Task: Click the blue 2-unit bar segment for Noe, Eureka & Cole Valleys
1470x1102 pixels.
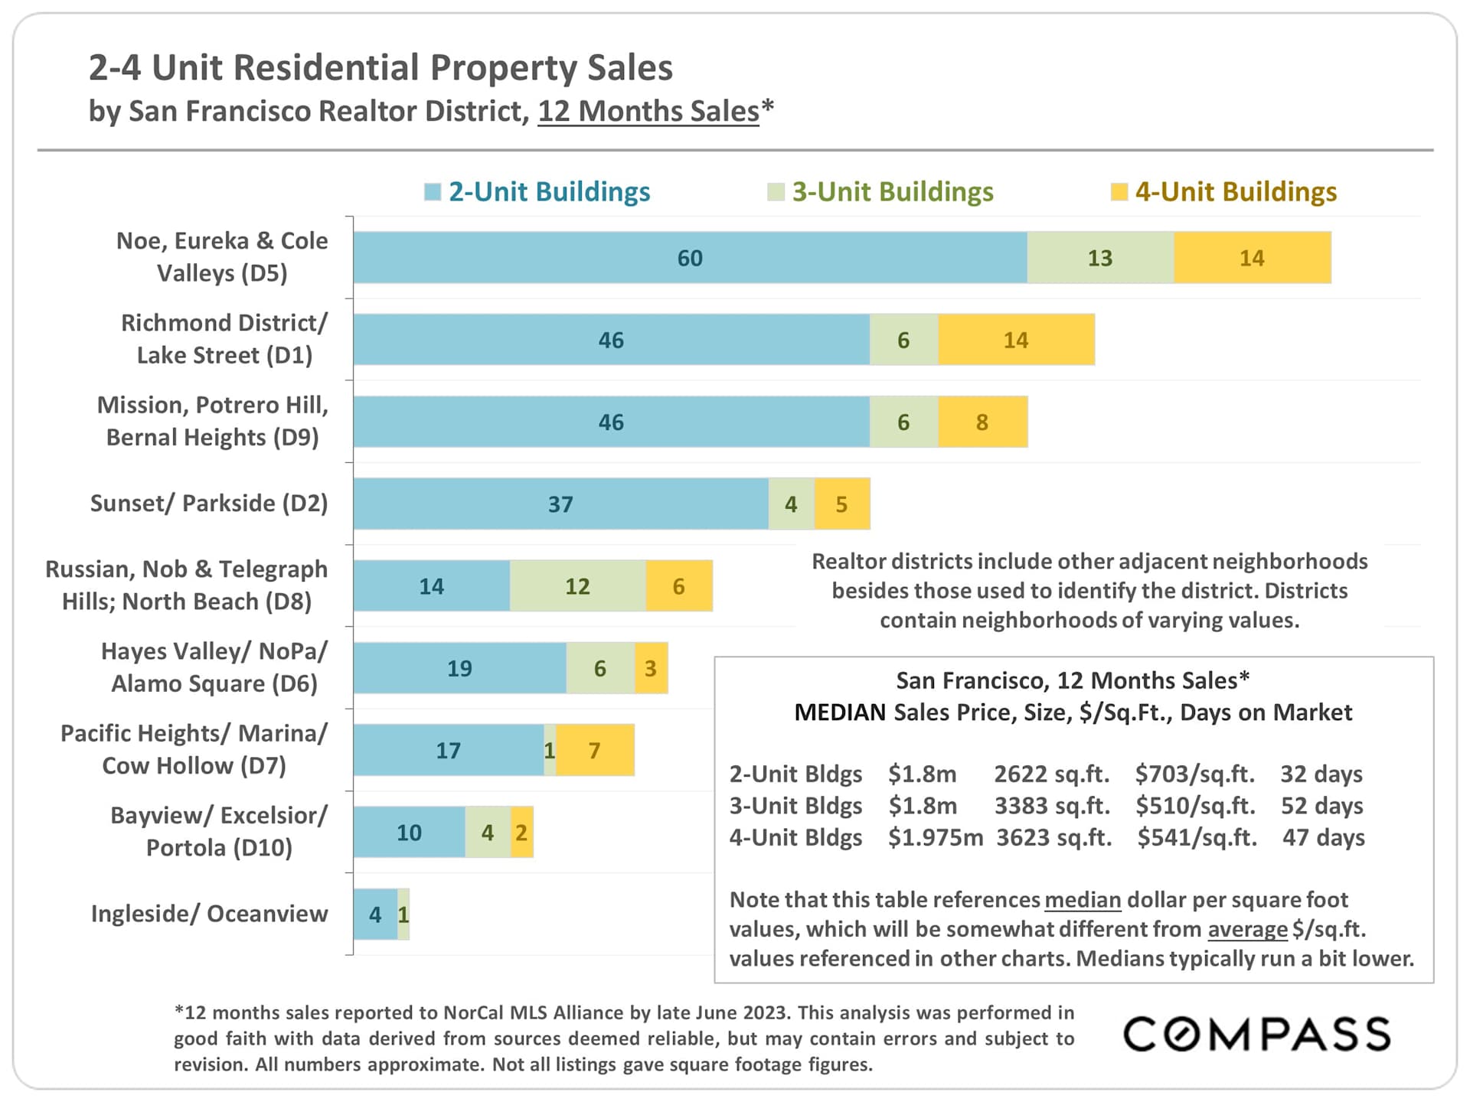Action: pyautogui.click(x=689, y=258)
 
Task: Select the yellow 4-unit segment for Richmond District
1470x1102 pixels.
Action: pyautogui.click(x=1016, y=340)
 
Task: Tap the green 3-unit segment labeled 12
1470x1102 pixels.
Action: pyautogui.click(x=577, y=586)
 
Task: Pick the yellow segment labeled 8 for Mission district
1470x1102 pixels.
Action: pyautogui.click(x=982, y=422)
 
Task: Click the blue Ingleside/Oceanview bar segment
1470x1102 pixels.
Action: pyautogui.click(x=375, y=914)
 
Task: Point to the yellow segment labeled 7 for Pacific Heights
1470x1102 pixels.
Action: pyautogui.click(x=595, y=751)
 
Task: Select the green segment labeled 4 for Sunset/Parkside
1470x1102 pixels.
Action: pyautogui.click(x=791, y=504)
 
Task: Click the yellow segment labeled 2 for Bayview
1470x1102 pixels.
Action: pyautogui.click(x=521, y=833)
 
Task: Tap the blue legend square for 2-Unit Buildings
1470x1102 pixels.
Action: pyautogui.click(x=433, y=192)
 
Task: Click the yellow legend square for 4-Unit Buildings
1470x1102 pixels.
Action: pyautogui.click(x=1119, y=192)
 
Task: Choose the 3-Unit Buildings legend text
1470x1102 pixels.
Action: pyautogui.click(x=892, y=192)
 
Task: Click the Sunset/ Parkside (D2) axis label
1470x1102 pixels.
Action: pyautogui.click(x=208, y=504)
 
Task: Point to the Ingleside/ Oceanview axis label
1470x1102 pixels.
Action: pyautogui.click(x=208, y=914)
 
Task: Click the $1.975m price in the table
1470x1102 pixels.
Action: pyautogui.click(x=935, y=837)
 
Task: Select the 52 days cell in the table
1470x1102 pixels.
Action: pyautogui.click(x=1321, y=806)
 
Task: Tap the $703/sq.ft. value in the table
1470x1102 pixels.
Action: pyautogui.click(x=1194, y=774)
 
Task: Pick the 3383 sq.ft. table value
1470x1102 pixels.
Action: pyautogui.click(x=1052, y=806)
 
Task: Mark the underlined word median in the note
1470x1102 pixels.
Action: pyautogui.click(x=1083, y=900)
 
